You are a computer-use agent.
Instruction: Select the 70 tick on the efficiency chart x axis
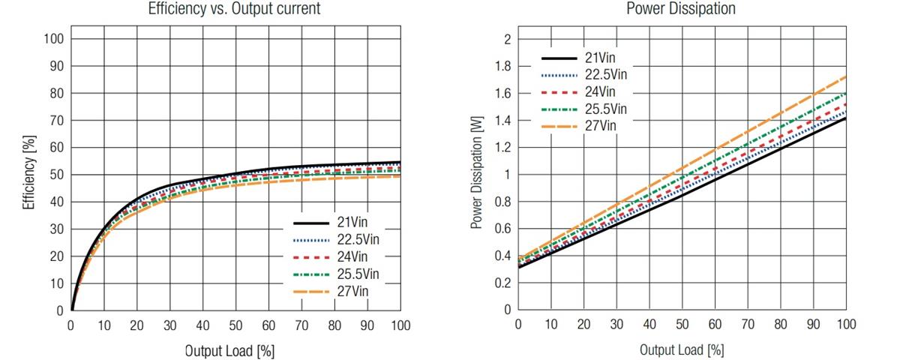pyautogui.click(x=301, y=325)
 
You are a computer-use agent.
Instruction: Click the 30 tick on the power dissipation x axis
pyautogui.click(x=616, y=324)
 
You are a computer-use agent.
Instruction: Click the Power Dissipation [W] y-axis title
pyautogui.click(x=476, y=173)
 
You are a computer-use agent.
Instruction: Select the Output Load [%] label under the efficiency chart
pyautogui.click(x=229, y=350)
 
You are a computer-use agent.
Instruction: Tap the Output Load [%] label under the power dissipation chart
pyautogui.click(x=682, y=350)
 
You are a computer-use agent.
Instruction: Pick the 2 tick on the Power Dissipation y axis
pyautogui.click(x=508, y=39)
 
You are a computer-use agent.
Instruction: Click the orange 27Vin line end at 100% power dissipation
pyautogui.click(x=846, y=76)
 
